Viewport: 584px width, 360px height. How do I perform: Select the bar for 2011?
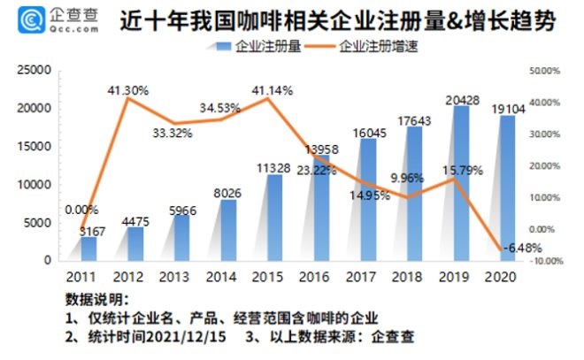(x=88, y=249)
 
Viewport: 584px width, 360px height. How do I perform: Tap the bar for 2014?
(x=227, y=230)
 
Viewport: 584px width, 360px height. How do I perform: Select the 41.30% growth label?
(x=127, y=90)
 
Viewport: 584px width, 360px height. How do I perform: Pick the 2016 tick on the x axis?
(x=320, y=277)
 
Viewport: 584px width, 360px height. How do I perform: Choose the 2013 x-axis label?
(x=181, y=277)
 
